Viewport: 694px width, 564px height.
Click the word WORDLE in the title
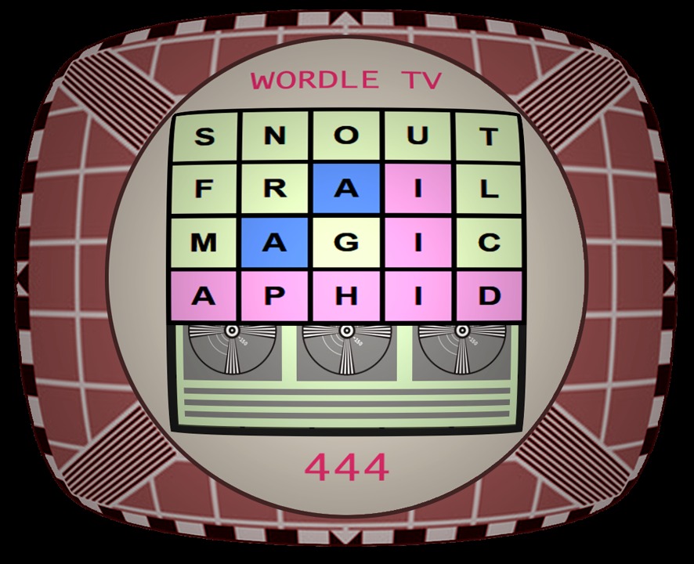315,80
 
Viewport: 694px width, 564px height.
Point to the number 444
348,468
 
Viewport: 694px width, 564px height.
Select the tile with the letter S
204,136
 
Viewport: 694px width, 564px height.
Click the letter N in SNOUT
275,136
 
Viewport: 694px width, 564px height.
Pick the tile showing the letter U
417,136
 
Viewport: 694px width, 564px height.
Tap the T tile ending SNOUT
488,137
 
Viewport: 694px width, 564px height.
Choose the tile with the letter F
204,190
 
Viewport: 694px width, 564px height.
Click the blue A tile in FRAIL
346,189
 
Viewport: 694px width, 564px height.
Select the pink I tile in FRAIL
417,189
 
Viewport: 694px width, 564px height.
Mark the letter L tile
489,190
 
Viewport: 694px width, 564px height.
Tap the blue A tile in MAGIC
275,243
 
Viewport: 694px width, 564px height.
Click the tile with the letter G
346,243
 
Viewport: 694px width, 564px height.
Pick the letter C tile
489,243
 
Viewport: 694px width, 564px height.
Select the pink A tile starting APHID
204,296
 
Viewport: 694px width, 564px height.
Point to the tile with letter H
346,296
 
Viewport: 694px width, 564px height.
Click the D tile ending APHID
490,296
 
